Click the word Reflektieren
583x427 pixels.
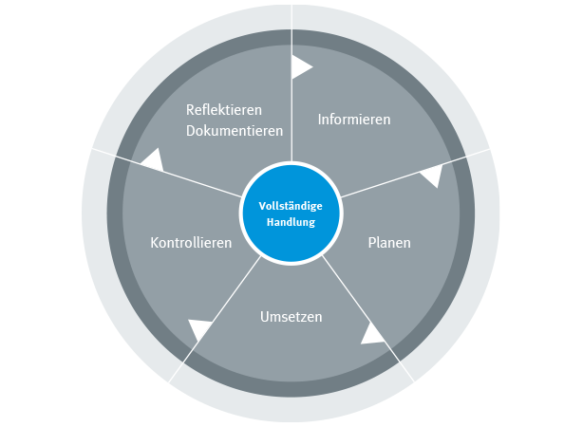tap(223, 109)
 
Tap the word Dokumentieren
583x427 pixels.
tap(235, 131)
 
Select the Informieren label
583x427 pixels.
tap(354, 120)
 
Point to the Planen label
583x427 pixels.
tap(389, 242)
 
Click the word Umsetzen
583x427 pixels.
tap(291, 316)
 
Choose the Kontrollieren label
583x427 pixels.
tap(191, 243)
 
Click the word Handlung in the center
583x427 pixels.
tap(291, 221)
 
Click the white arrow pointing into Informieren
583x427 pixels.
tap(300, 66)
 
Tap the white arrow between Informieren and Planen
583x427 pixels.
tap(432, 176)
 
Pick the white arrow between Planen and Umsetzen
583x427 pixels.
tap(371, 332)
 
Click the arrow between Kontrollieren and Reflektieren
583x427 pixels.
tap(151, 158)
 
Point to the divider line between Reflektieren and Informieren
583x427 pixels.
tap(291, 114)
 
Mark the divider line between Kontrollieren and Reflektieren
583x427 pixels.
tap(180, 176)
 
